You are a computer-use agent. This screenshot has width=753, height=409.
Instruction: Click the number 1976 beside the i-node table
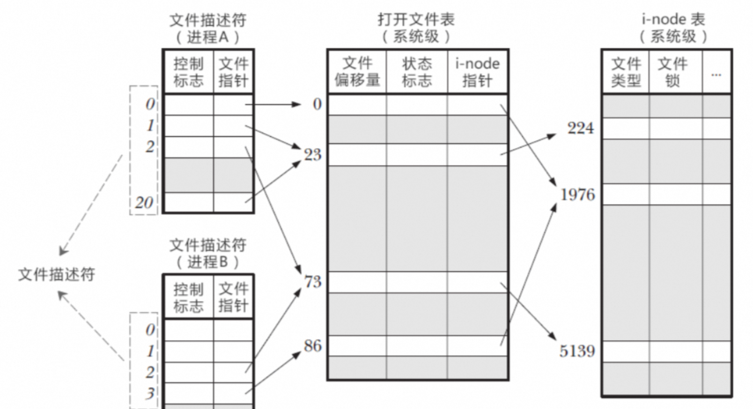(577, 194)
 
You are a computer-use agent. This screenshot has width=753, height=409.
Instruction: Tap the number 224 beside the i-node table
(580, 128)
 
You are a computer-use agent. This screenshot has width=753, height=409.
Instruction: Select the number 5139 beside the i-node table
(576, 351)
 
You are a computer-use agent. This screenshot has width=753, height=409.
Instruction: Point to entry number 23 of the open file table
(312, 154)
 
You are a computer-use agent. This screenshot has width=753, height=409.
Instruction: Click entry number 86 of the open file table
(312, 346)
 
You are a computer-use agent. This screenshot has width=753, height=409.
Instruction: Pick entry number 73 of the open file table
(313, 282)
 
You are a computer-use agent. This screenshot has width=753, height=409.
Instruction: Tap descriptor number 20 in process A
(144, 203)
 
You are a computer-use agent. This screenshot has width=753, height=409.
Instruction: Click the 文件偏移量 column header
(357, 72)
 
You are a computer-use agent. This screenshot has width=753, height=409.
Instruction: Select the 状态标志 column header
(417, 72)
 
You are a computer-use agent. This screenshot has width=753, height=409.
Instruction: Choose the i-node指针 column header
(477, 72)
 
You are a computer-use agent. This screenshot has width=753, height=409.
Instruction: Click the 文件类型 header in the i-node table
(626, 72)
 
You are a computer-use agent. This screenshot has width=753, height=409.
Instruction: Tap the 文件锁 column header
(672, 72)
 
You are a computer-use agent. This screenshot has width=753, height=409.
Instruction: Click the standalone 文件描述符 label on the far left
(57, 274)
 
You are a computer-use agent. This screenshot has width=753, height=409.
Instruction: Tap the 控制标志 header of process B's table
(188, 297)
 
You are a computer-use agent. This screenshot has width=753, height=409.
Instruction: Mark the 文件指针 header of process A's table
(233, 72)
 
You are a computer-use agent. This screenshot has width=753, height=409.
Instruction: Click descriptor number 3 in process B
(150, 393)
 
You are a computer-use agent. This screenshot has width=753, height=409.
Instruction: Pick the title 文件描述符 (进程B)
(207, 253)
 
